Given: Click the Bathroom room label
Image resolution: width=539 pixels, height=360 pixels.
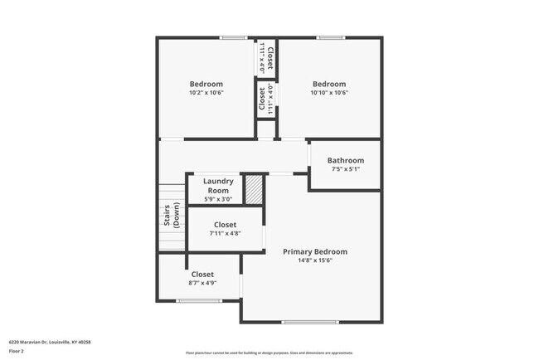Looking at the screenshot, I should pyautogui.click(x=345, y=160).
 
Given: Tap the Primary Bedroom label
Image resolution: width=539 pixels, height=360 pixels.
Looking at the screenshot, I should pyautogui.click(x=314, y=251).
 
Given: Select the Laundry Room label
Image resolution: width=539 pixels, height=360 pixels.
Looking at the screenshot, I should pyautogui.click(x=218, y=185).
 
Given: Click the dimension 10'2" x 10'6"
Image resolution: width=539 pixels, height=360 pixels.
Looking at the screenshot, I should pyautogui.click(x=206, y=93).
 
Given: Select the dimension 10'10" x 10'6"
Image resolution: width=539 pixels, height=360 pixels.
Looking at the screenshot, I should pyautogui.click(x=329, y=93).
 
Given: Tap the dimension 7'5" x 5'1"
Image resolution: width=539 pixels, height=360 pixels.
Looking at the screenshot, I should pyautogui.click(x=345, y=169).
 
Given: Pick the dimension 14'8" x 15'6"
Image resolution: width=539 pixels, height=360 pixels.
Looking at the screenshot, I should pyautogui.click(x=314, y=260).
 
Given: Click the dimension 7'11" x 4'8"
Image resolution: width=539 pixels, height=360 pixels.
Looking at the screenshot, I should pyautogui.click(x=225, y=234).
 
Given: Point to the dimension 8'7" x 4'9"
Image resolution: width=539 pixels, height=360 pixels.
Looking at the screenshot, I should pyautogui.click(x=202, y=284).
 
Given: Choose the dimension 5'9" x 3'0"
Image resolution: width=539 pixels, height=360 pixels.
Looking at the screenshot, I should pyautogui.click(x=218, y=199).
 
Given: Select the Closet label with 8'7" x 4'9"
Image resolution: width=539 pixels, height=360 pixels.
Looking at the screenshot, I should pyautogui.click(x=202, y=274).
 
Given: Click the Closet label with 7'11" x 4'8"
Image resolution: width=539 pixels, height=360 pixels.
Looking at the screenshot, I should pyautogui.click(x=225, y=225).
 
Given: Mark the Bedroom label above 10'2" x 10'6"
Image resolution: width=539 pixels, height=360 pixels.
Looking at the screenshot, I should pyautogui.click(x=206, y=84).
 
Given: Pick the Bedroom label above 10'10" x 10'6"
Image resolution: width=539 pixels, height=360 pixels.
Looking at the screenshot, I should pyautogui.click(x=329, y=84).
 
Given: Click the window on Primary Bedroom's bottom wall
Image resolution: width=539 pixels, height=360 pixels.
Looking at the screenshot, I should pyautogui.click(x=311, y=322).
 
